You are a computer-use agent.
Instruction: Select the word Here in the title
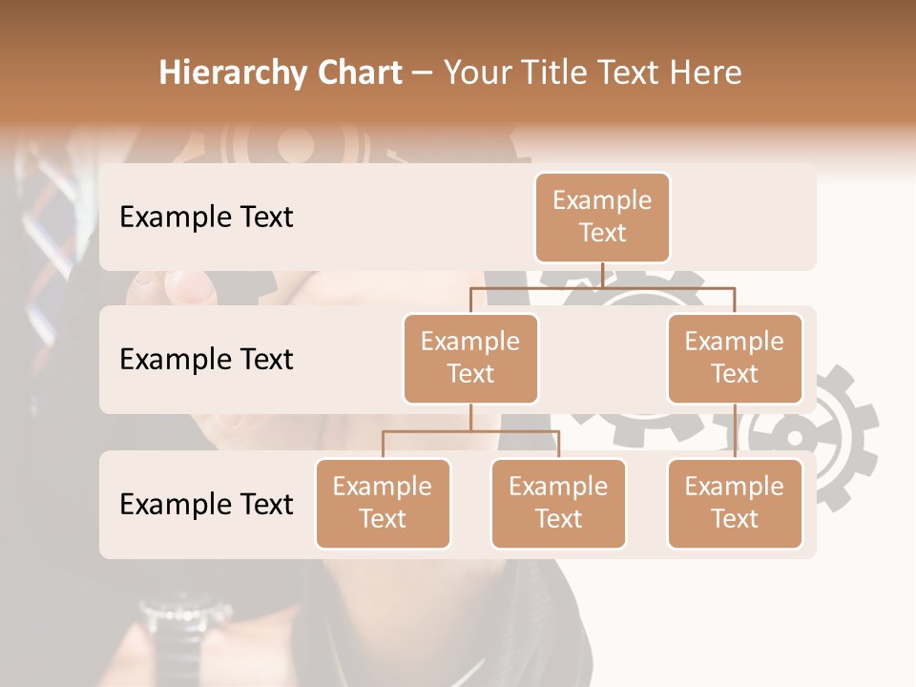click(706, 73)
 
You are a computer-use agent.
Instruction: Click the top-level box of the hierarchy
click(602, 218)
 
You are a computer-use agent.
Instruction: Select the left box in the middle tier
click(470, 358)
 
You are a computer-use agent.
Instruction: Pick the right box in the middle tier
click(735, 358)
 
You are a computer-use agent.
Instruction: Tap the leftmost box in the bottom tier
click(383, 503)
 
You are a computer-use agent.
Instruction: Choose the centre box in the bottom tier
click(558, 503)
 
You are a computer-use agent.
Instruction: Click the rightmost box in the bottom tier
click(735, 503)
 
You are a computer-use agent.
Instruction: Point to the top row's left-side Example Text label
click(206, 218)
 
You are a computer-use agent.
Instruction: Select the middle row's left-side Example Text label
click(206, 360)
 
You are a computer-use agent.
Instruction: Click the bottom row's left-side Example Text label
click(206, 504)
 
